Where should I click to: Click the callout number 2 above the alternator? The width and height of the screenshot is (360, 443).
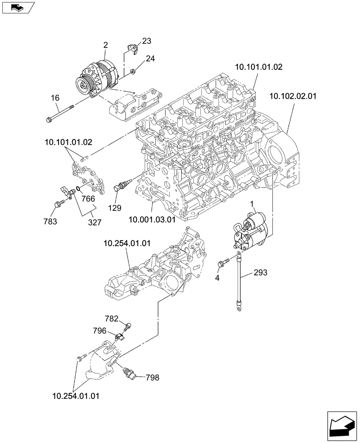106,45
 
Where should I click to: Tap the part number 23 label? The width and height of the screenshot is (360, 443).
146,41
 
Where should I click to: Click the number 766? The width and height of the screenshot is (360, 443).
88,199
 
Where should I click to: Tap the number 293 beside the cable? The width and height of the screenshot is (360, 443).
261,273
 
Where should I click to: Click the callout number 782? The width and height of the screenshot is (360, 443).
111,319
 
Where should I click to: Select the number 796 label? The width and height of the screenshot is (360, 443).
99,330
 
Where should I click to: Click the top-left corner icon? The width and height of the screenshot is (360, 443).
18,8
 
